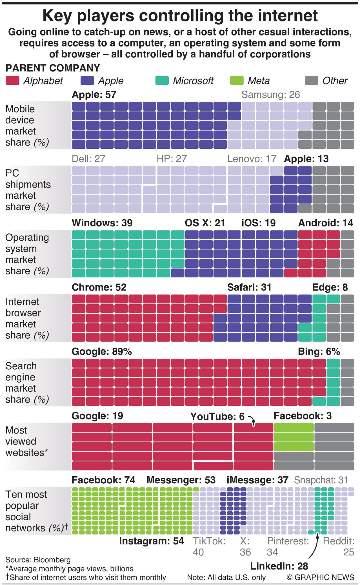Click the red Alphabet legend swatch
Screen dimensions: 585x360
point(12,81)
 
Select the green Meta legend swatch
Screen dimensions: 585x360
point(236,81)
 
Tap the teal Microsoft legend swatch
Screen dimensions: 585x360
point(162,81)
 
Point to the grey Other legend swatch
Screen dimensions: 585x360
point(311,81)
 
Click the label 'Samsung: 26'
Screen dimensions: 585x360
point(270,95)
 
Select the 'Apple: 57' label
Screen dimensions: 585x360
point(94,95)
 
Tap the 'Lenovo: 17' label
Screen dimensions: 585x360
point(252,159)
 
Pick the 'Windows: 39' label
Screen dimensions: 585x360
point(102,223)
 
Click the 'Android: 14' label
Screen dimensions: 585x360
point(325,223)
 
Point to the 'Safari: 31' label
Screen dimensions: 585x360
point(249,287)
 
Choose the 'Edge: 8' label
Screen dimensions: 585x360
point(330,287)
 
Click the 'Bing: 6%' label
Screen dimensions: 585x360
point(319,352)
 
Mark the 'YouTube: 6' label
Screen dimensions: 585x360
point(217,416)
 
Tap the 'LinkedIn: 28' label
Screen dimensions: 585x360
point(279,566)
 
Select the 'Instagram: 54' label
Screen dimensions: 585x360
point(151,541)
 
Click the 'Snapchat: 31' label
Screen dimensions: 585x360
point(321,480)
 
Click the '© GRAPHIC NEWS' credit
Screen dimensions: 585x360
point(320,577)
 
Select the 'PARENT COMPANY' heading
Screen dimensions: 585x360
point(53,68)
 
